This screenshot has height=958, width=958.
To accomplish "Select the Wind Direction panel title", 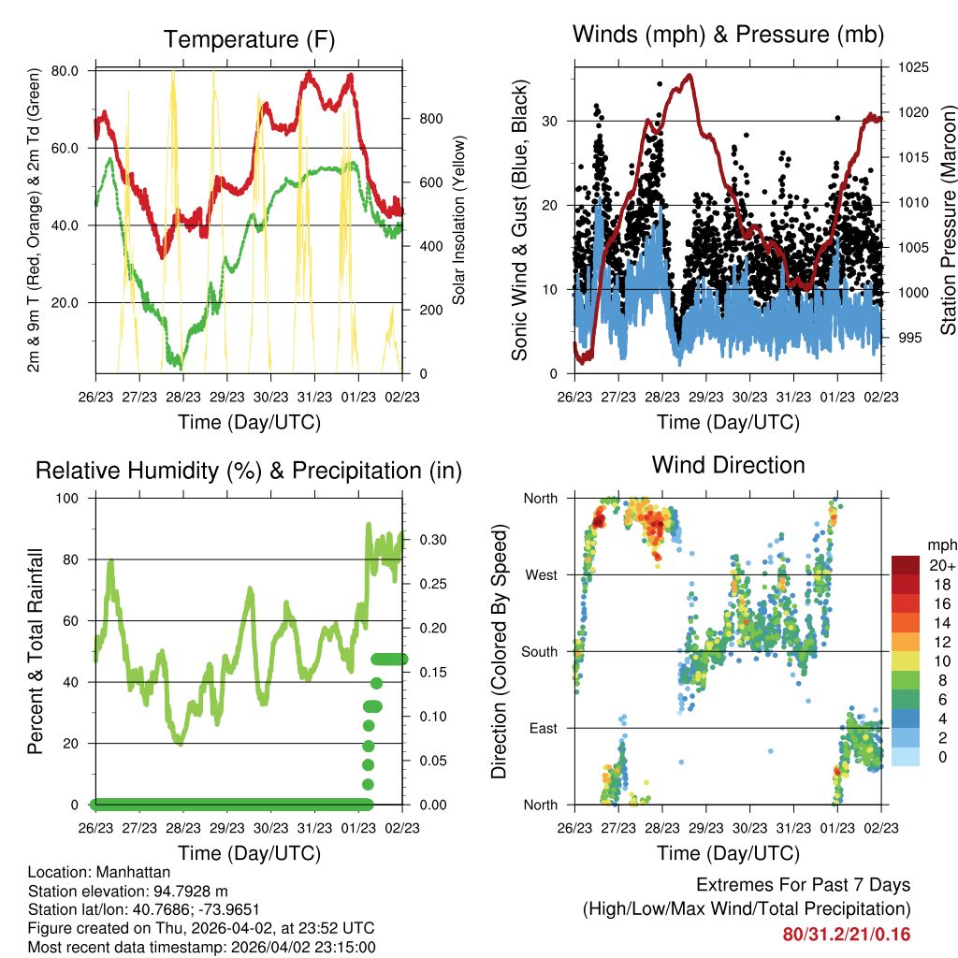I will pos(728,464).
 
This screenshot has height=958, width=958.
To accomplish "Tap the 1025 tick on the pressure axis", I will pos(911,67).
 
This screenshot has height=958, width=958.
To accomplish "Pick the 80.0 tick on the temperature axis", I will pos(65,71).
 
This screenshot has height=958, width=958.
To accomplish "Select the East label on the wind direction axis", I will pos(542,728).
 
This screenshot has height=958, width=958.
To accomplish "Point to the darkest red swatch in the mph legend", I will pos(905,564).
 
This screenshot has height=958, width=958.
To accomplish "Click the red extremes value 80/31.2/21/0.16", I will pos(847,934).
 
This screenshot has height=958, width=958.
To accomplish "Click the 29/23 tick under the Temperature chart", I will pos(226,396).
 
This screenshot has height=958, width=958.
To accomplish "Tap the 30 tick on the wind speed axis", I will pos(552,121).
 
